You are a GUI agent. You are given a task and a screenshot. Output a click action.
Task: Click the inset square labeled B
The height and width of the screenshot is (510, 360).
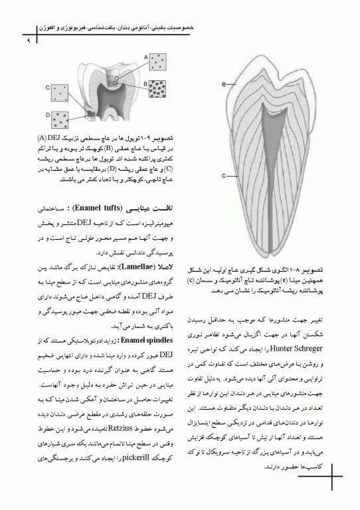point(159,87)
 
